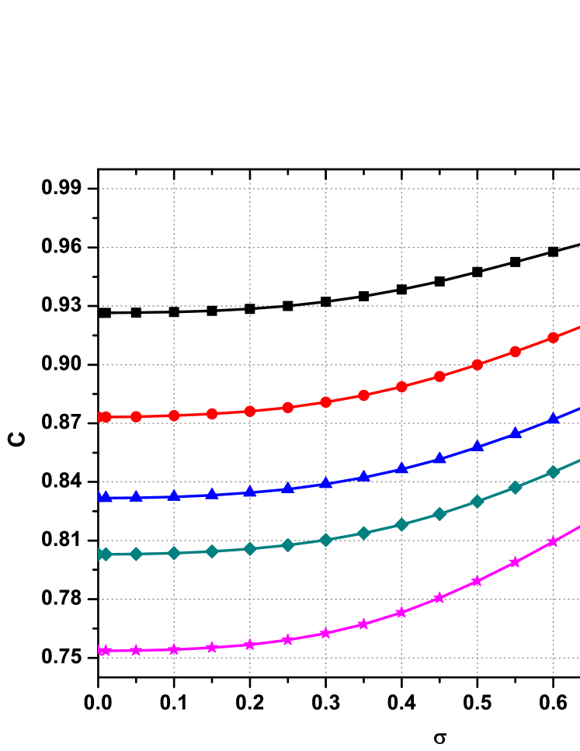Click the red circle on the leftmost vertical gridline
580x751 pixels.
tap(174, 415)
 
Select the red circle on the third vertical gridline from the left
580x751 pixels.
tap(326, 402)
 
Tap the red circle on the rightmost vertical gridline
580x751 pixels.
tap(553, 337)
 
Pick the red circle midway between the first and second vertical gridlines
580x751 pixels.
tap(212, 414)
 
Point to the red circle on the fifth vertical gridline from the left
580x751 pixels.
tap(478, 364)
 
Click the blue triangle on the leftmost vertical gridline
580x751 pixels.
tap(174, 495)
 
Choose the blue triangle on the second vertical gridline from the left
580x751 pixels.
tap(250, 492)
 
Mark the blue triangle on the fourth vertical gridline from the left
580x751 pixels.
tap(401, 468)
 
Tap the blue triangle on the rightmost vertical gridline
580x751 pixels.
tap(553, 419)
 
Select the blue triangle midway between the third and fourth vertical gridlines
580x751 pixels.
tap(363, 477)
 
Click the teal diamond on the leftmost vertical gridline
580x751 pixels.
tap(174, 553)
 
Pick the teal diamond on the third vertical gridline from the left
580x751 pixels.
tap(326, 540)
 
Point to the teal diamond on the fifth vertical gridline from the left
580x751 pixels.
tap(478, 501)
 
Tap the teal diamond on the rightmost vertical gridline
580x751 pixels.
tap(553, 472)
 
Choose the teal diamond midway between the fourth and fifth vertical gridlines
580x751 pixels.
tap(439, 513)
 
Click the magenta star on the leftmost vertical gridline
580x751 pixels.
tap(174, 649)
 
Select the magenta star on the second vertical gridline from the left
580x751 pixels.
tap(250, 645)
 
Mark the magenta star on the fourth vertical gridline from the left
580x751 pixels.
tap(401, 612)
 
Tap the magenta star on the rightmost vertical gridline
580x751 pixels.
tap(553, 541)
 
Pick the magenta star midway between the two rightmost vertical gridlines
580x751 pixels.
tap(515, 562)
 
